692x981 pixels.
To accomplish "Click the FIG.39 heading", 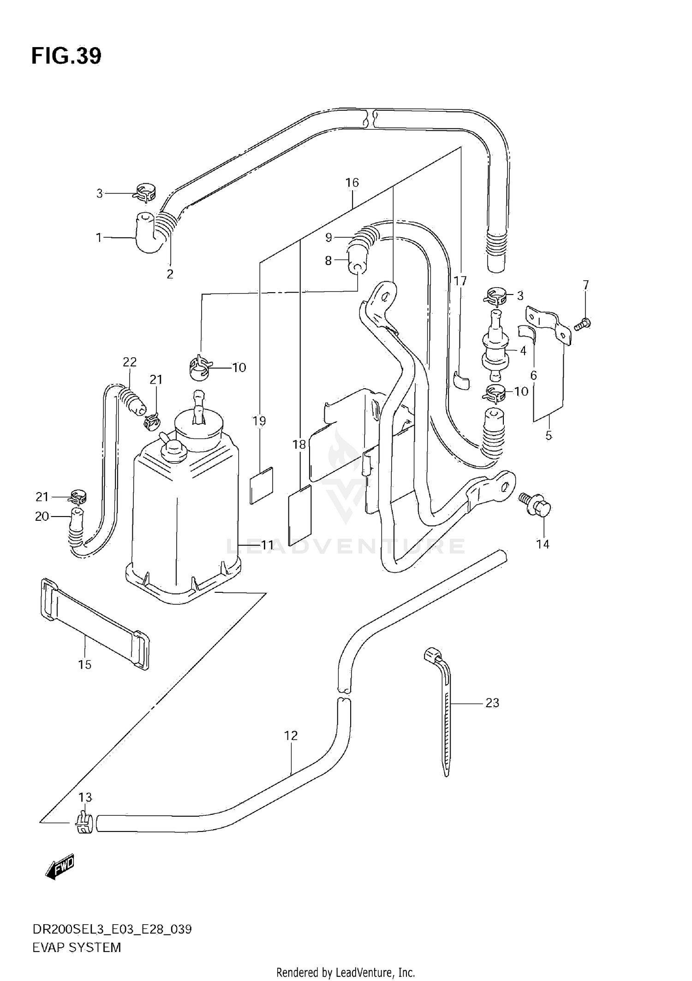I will [x=66, y=56].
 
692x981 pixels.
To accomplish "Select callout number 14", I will [x=543, y=544].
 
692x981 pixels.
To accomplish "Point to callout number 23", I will [x=492, y=703].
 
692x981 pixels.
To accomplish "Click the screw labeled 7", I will [x=584, y=324].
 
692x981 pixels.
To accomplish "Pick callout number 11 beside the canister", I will [x=268, y=545].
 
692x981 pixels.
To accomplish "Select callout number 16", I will [x=352, y=182].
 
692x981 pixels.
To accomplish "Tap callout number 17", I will [x=460, y=281].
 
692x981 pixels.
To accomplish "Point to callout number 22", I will [x=130, y=362].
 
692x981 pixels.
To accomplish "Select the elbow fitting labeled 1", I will [x=147, y=234].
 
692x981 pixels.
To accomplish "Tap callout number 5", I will [x=549, y=435].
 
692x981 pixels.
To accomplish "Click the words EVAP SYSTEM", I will [x=77, y=947].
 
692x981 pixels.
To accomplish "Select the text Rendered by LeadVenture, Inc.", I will [x=346, y=971].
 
